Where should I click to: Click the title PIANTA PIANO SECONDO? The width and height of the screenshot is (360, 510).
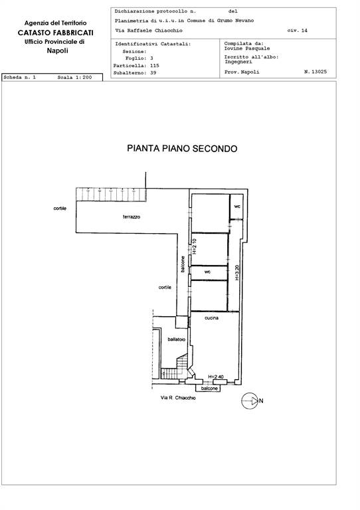click(x=182, y=149)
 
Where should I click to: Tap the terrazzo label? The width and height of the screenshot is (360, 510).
click(x=132, y=216)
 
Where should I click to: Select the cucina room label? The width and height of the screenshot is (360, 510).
click(x=211, y=318)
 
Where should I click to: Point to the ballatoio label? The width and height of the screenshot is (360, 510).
click(x=177, y=339)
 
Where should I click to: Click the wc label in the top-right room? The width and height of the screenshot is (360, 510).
click(x=237, y=207)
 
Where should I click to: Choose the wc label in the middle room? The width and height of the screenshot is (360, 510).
click(x=207, y=272)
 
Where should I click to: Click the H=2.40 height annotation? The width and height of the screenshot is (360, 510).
click(x=216, y=377)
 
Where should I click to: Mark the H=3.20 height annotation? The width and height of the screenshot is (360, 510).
click(x=237, y=272)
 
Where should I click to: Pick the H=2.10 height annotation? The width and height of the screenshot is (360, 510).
click(x=195, y=246)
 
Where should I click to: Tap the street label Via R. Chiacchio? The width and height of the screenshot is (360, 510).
click(x=178, y=398)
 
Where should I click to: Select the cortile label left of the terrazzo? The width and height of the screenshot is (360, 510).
click(x=60, y=208)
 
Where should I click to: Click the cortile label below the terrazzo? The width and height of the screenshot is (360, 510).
click(x=165, y=287)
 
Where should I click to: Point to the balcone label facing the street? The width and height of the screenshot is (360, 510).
click(x=209, y=388)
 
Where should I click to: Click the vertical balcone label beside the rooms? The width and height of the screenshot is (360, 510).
click(x=183, y=264)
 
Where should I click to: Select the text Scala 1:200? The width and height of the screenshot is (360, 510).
click(x=74, y=78)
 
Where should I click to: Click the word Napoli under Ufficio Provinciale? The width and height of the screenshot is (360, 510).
click(x=57, y=50)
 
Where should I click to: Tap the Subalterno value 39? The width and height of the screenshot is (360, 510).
click(x=153, y=73)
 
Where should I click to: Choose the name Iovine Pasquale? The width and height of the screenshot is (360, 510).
click(x=247, y=48)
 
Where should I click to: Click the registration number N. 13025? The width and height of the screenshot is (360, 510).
click(x=315, y=72)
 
